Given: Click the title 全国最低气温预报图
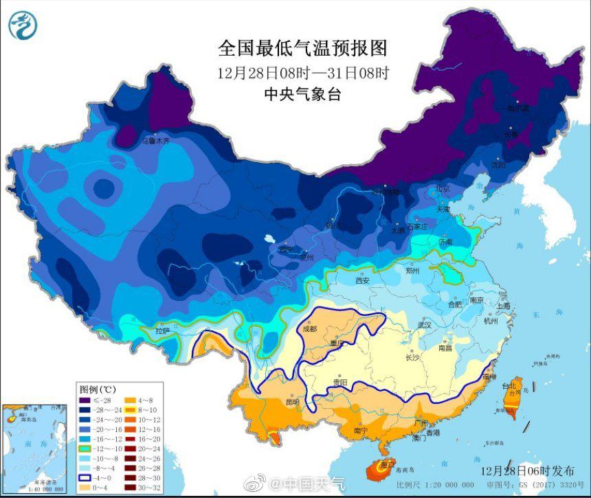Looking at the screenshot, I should click(302, 48).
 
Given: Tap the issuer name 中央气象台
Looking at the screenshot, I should click(302, 95).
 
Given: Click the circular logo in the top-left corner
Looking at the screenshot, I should click(23, 25).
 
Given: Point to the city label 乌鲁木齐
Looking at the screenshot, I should click(155, 140).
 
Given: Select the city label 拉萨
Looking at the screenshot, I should click(162, 330).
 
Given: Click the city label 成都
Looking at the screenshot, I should click(311, 329).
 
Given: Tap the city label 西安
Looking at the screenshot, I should click(363, 280).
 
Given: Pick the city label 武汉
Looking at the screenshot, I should click(424, 325).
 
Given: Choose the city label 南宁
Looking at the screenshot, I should click(361, 430).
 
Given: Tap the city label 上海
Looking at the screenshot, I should click(504, 306).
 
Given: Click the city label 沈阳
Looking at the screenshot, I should click(498, 165).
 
